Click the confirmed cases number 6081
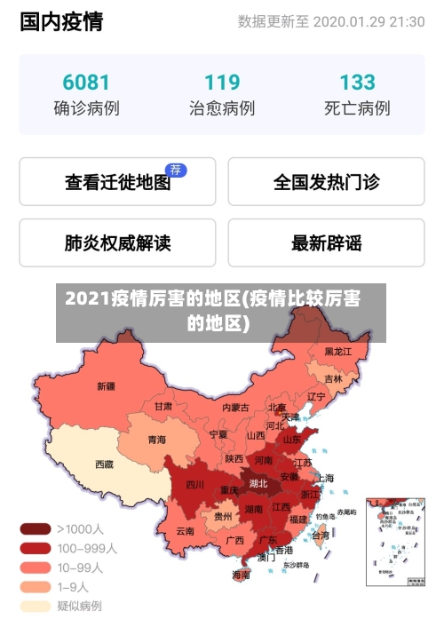tap(86, 83)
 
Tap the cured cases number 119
tap(222, 83)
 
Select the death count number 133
tap(357, 83)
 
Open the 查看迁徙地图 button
tap(117, 183)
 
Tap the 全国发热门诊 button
tap(326, 183)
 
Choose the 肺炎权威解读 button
tap(117, 242)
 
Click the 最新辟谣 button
tap(326, 242)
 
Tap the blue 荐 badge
tap(177, 169)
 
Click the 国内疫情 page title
tap(60, 22)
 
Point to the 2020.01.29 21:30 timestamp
tap(369, 22)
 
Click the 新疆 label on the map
tap(106, 386)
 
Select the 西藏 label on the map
tap(104, 464)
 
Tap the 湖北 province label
tap(258, 484)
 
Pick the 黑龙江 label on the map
tap(337, 352)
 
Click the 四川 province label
tap(194, 485)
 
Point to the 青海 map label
tap(157, 440)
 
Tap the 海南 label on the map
tap(241, 575)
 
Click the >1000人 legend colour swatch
tap(35, 528)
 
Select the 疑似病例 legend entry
tap(78, 607)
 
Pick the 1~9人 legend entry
tap(72, 587)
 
